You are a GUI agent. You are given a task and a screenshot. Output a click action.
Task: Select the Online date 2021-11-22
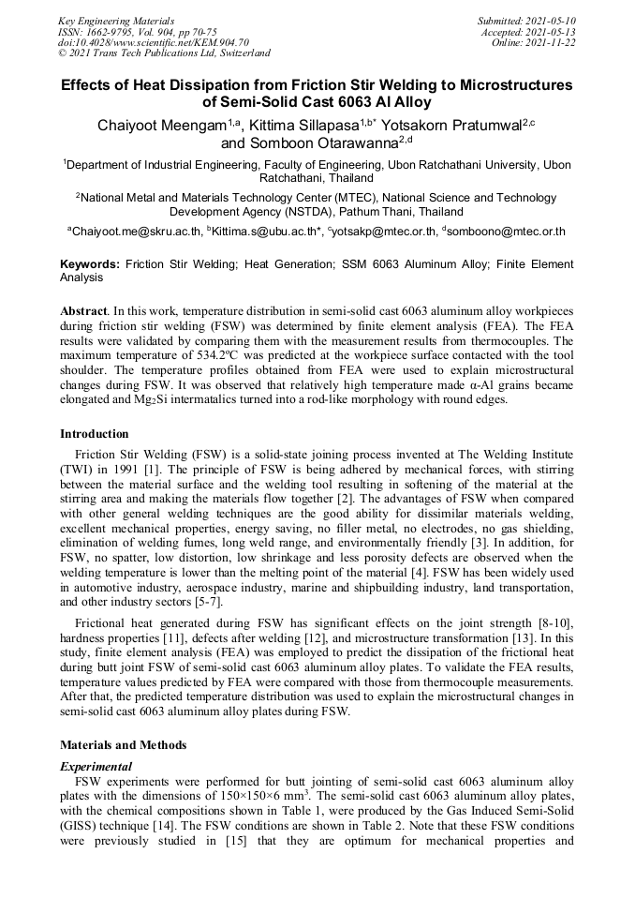[x=557, y=42]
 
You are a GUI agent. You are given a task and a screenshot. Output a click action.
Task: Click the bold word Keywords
[x=89, y=265]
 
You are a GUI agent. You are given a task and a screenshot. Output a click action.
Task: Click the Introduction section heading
[x=95, y=434]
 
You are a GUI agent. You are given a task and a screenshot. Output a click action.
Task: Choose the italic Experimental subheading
[x=96, y=766]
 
